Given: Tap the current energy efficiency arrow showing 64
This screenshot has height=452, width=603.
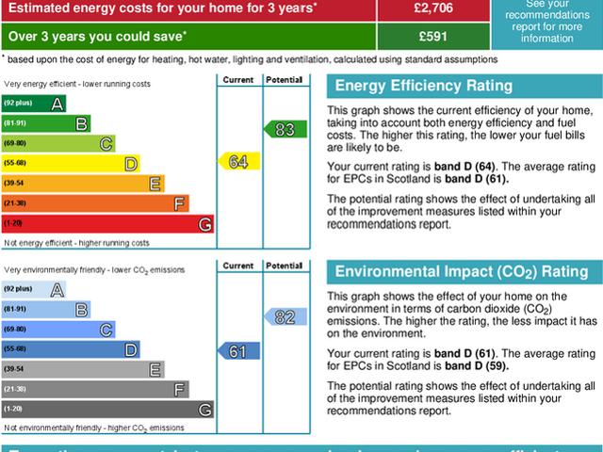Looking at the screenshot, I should click(237, 162).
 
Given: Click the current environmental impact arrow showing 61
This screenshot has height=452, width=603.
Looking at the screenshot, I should click(237, 350).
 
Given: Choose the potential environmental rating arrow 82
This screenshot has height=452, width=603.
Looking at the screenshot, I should click(284, 317).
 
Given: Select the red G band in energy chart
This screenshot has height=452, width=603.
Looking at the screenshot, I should click(108, 223).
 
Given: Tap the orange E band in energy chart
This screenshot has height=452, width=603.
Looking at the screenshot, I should click(84, 183).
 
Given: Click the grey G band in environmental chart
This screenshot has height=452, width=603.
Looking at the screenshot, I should click(108, 410).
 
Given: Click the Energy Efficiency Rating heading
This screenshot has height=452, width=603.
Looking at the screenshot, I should click(424, 87).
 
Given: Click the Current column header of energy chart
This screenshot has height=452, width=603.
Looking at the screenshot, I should click(237, 79).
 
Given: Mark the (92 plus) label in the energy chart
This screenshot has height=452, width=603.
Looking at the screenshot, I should click(20, 102).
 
